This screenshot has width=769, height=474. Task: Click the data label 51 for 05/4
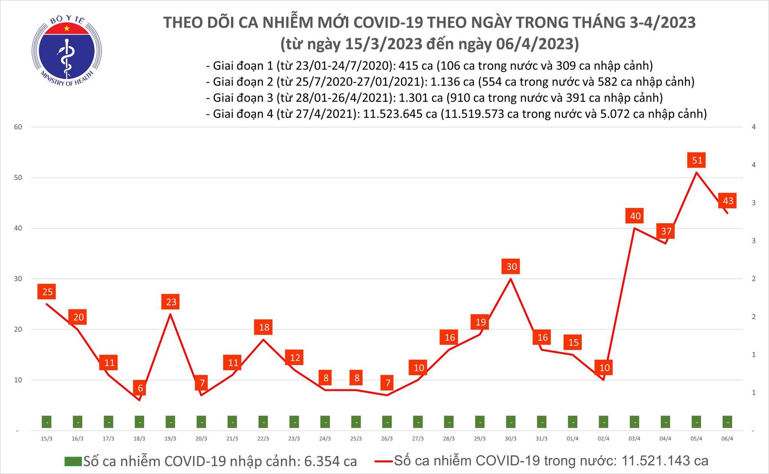pos(697,160)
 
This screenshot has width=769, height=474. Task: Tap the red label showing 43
pos(728,201)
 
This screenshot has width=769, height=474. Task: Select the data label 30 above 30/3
pos(511,266)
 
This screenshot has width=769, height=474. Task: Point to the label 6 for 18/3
pos(140,388)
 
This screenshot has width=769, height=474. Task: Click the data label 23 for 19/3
pos(171,302)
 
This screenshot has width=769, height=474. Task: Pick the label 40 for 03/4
pos(635,216)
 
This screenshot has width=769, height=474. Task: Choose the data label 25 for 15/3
pos(47,292)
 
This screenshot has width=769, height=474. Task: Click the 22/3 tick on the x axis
pos(263,439)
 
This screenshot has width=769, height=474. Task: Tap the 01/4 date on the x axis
pos(573,439)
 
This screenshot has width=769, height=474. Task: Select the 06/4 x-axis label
pos(727,439)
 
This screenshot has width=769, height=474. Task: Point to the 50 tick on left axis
pos(18,178)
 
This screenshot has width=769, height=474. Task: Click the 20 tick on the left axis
pos(18,329)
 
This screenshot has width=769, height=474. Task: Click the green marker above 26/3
pos(387,422)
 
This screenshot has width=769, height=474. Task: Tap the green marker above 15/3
pos(47,422)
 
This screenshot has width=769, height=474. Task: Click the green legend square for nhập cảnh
pos(73,461)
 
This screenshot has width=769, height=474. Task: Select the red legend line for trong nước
pos(383,461)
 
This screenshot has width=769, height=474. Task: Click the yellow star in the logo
pos(67,28)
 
